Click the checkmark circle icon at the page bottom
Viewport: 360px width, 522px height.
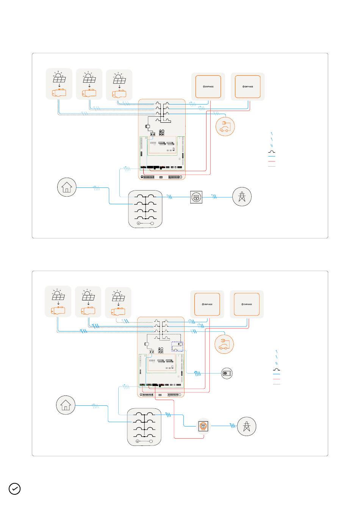pos(14,489)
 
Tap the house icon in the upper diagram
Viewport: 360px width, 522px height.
pos(67,187)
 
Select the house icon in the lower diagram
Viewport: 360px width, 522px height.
pos(66,405)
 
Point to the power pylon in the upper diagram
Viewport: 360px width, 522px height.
pos(242,197)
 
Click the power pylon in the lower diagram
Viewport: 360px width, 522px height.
pos(246,426)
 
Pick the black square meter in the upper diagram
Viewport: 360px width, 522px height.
pos(196,197)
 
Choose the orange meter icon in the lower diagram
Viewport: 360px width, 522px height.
pos(203,426)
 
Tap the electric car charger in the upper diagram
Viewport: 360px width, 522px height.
pos(225,127)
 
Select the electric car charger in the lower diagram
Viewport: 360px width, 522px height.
pos(224,344)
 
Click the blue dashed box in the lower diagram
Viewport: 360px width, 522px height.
pos(177,346)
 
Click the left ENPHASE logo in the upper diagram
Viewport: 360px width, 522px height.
pos(208,87)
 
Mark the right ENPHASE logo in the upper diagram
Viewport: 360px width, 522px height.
pos(247,87)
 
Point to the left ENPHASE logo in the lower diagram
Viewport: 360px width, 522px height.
pos(207,304)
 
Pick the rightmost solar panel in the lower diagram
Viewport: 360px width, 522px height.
pos(119,296)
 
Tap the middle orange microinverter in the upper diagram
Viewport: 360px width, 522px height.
pos(89,93)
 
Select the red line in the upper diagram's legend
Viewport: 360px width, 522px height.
pos(272,161)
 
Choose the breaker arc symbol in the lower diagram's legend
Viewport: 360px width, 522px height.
pos(276,369)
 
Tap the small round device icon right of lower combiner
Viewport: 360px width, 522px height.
pos(227,374)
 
